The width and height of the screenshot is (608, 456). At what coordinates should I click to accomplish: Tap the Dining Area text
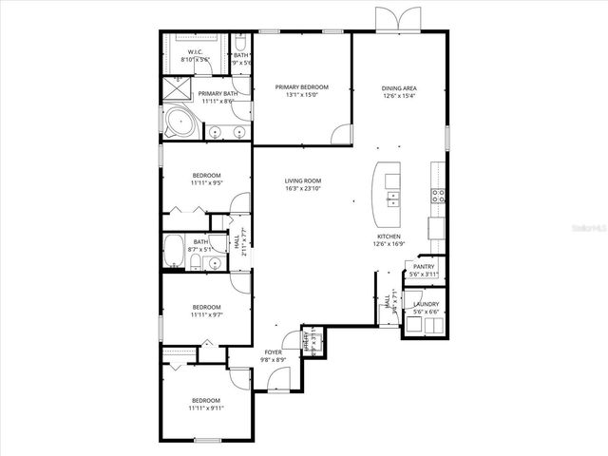[400, 87]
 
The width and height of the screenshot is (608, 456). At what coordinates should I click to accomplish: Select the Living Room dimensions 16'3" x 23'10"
[303, 188]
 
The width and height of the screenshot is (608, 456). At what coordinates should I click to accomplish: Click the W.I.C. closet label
[195, 52]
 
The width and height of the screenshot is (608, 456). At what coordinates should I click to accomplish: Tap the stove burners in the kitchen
[438, 197]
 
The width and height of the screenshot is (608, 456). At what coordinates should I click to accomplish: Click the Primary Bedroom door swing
[340, 134]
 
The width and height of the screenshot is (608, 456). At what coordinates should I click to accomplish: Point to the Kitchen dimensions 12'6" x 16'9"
[389, 243]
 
